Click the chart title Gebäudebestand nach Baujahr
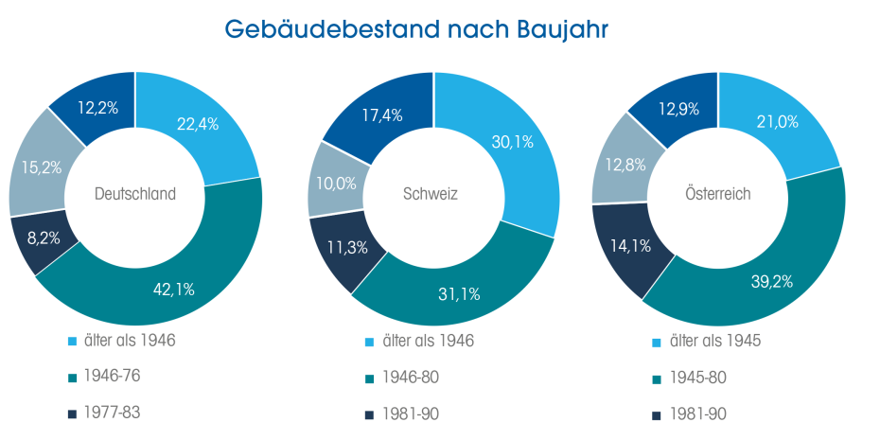(416, 29)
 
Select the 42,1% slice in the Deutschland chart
(173, 289)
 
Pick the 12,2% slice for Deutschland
(97, 108)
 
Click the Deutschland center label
(135, 194)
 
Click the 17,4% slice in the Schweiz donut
(383, 115)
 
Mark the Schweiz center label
(433, 194)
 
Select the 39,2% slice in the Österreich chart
(772, 281)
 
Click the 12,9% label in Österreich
(678, 109)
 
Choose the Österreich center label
(717, 194)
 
